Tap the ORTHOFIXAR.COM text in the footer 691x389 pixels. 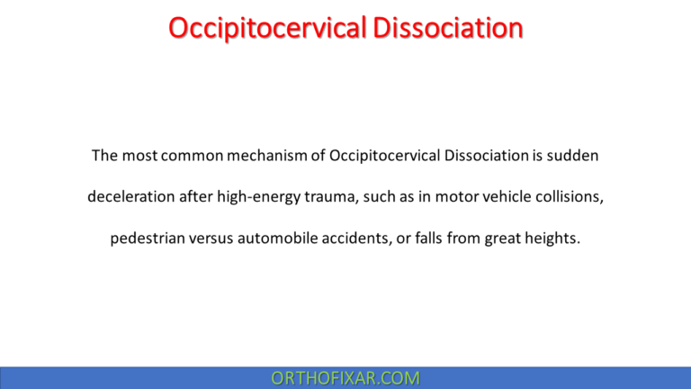(x=345, y=378)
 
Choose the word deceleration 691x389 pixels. (x=130, y=196)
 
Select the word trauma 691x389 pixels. (x=329, y=196)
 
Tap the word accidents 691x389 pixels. (x=371, y=239)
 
